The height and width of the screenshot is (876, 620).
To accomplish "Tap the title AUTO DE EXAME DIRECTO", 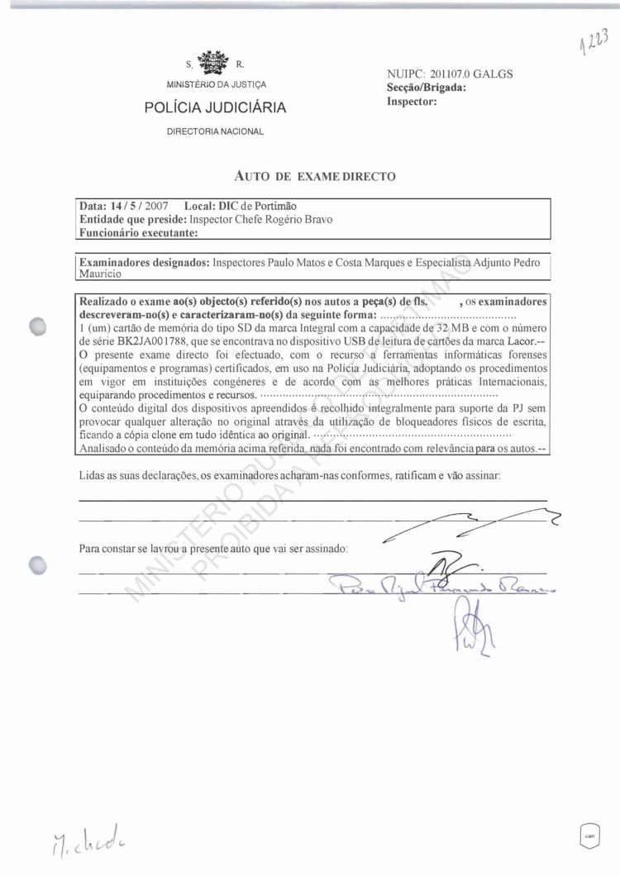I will pyautogui.click(x=316, y=176).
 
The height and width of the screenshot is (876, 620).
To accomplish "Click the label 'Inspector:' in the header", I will pyautogui.click(x=411, y=101).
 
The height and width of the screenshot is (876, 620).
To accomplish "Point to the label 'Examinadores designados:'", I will pyautogui.click(x=144, y=262).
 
